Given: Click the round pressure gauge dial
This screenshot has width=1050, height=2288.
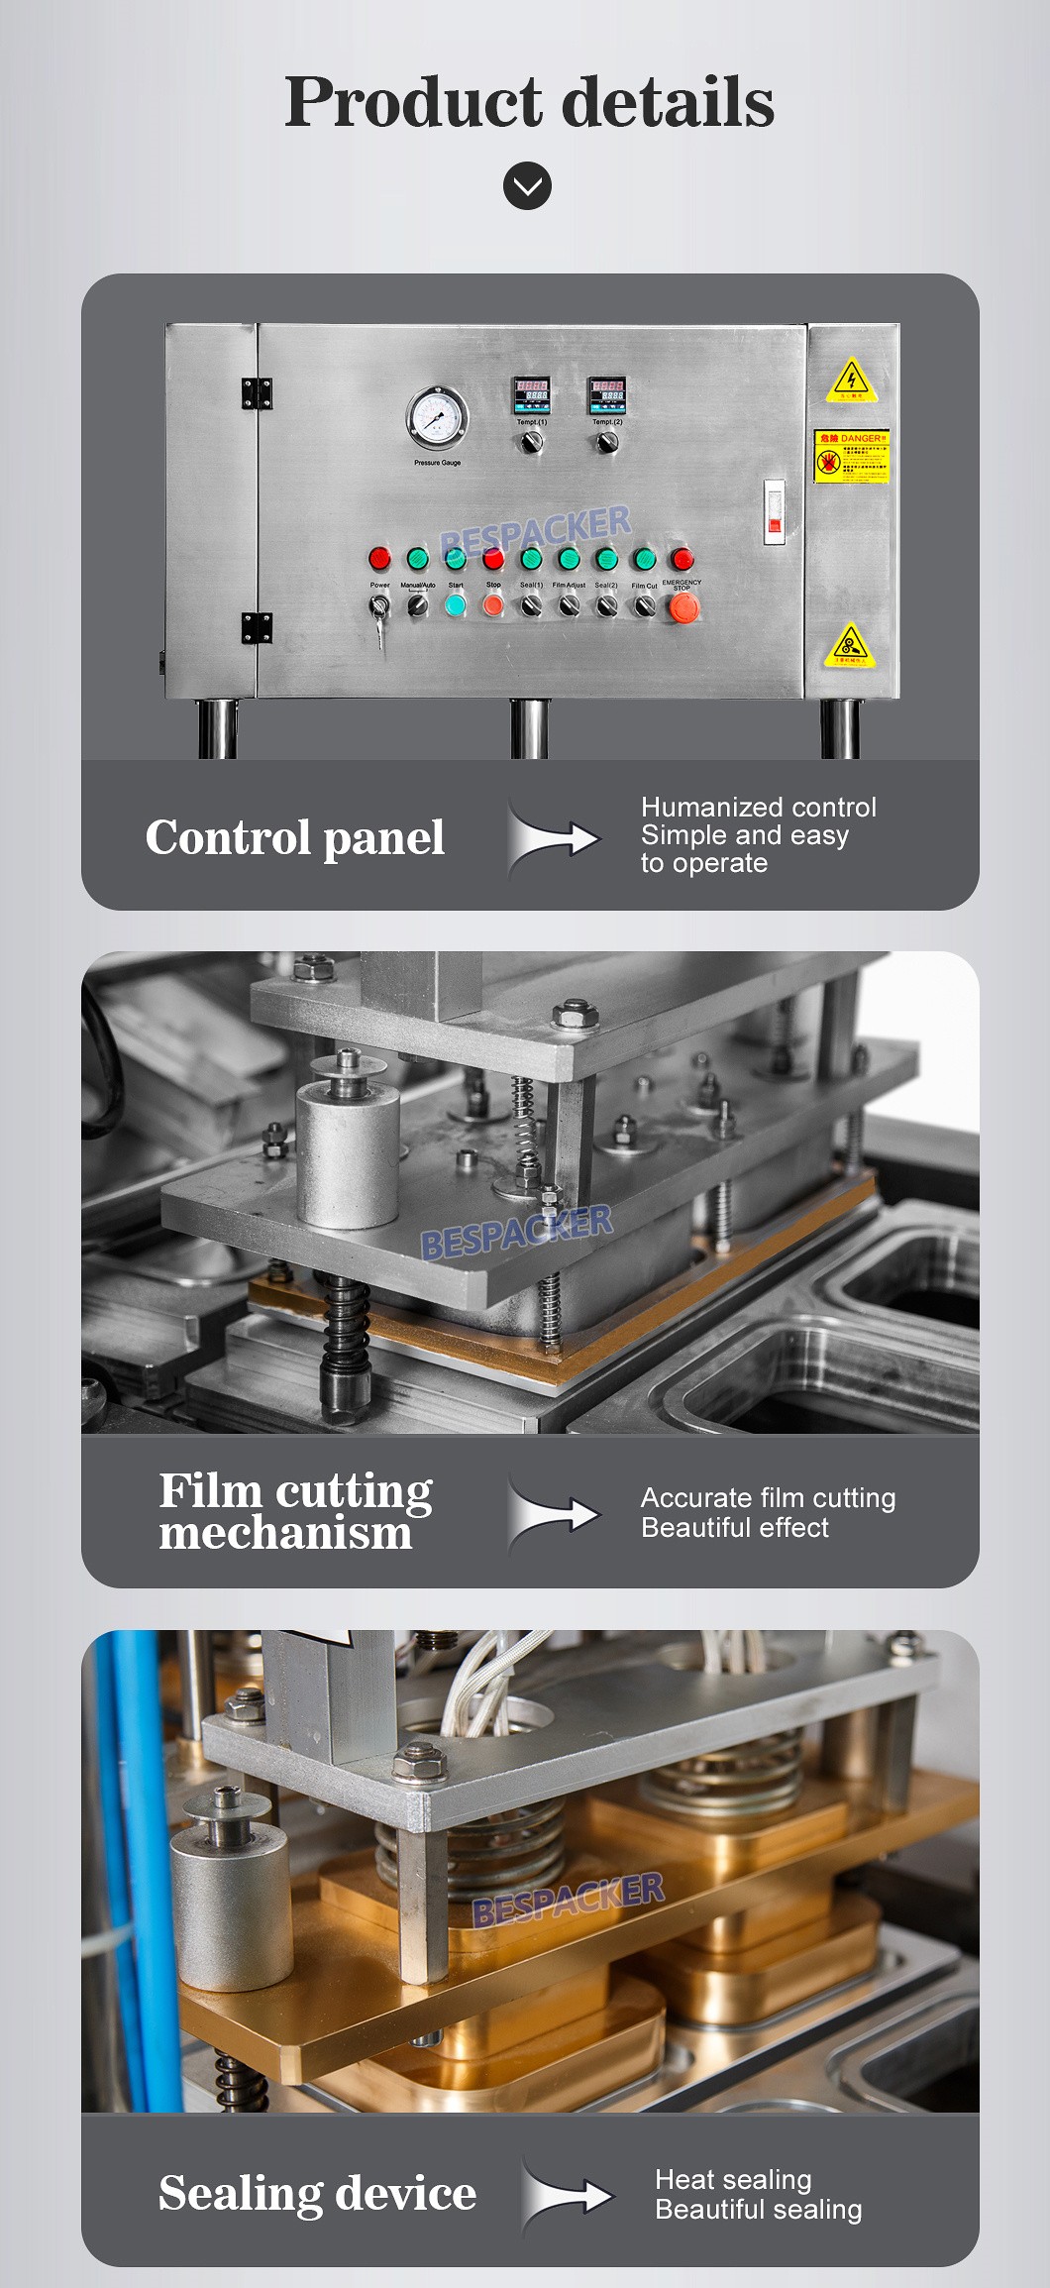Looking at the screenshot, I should pyautogui.click(x=437, y=417).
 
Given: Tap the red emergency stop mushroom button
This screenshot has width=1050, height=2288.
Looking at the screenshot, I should pyautogui.click(x=682, y=608).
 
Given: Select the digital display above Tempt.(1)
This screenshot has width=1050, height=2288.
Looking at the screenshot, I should pyautogui.click(x=531, y=393).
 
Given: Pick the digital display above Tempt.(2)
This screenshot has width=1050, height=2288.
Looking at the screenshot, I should pyautogui.click(x=607, y=393).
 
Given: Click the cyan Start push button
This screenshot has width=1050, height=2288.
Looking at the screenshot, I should pyautogui.click(x=456, y=605).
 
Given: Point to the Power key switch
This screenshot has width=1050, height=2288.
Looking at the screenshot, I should pyautogui.click(x=378, y=606).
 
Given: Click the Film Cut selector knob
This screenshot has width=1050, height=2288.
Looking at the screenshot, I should pyautogui.click(x=645, y=605).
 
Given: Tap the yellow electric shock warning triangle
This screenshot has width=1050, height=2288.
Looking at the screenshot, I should pyautogui.click(x=850, y=380).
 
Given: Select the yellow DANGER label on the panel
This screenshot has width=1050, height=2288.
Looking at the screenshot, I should pyautogui.click(x=851, y=457).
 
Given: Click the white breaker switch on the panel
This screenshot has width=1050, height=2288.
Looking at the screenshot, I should pyautogui.click(x=775, y=511).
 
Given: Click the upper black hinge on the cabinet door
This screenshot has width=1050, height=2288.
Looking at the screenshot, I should pyautogui.click(x=257, y=392).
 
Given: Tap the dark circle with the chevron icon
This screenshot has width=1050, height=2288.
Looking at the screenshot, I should pyautogui.click(x=527, y=185).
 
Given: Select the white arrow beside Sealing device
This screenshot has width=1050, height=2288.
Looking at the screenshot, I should pyautogui.click(x=568, y=2195).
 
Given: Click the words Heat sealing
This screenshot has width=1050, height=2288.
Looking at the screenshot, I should pyautogui.click(x=733, y=2179).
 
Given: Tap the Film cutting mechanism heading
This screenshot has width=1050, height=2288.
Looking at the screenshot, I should pyautogui.click(x=295, y=1511).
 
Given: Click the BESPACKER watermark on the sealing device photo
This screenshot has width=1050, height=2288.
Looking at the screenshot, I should pyautogui.click(x=568, y=1900).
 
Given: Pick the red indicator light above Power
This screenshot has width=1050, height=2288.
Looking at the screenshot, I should pyautogui.click(x=379, y=558).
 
